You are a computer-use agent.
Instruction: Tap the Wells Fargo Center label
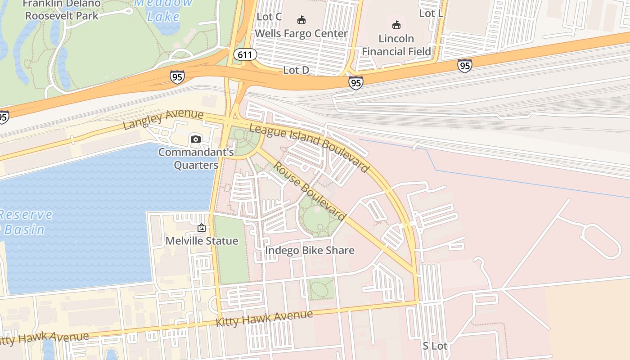(301, 34)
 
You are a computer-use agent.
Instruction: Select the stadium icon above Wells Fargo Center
(301, 20)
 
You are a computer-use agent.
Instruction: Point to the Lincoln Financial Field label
(396, 45)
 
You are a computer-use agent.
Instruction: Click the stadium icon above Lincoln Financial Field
(396, 25)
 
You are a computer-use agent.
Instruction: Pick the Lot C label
(269, 17)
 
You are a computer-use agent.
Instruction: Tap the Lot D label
(296, 70)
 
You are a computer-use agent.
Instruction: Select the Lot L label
(431, 13)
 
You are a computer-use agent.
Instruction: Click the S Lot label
(435, 346)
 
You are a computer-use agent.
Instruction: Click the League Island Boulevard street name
(309, 148)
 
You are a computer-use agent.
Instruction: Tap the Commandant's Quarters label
(196, 158)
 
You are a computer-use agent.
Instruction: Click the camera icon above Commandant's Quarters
(195, 139)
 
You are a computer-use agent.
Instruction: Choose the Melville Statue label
(202, 241)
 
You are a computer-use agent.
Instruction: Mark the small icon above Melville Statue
(202, 228)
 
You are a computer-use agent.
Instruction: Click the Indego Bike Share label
(310, 250)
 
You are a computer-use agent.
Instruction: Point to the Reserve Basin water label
(26, 222)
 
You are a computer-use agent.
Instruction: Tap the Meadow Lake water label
(163, 10)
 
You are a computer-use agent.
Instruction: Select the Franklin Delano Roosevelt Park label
(62, 10)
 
